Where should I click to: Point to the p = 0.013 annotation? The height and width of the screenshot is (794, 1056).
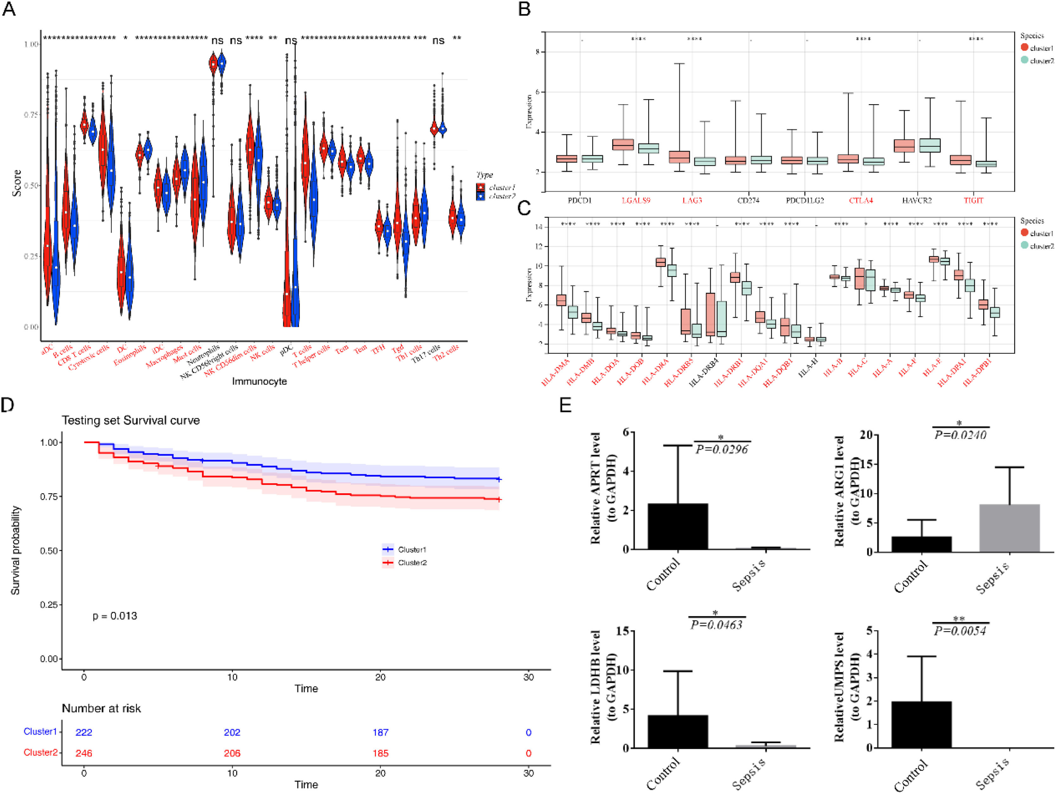pyautogui.click(x=115, y=616)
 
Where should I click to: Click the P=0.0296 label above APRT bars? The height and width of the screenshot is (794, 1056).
pyautogui.click(x=721, y=449)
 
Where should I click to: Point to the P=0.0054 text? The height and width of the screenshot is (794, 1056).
pyautogui.click(x=960, y=631)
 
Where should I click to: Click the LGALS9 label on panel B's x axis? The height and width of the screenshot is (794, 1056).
pyautogui.click(x=636, y=201)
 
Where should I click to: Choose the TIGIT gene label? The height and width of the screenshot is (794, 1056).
pyautogui.click(x=973, y=201)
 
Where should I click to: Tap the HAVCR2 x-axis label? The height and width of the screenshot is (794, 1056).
pyautogui.click(x=917, y=201)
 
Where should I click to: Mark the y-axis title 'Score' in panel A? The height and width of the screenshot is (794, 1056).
pyautogui.click(x=17, y=183)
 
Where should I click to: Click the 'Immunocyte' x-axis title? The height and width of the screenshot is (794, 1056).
pyautogui.click(x=259, y=381)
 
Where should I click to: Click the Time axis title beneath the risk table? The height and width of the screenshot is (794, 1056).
pyautogui.click(x=306, y=784)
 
